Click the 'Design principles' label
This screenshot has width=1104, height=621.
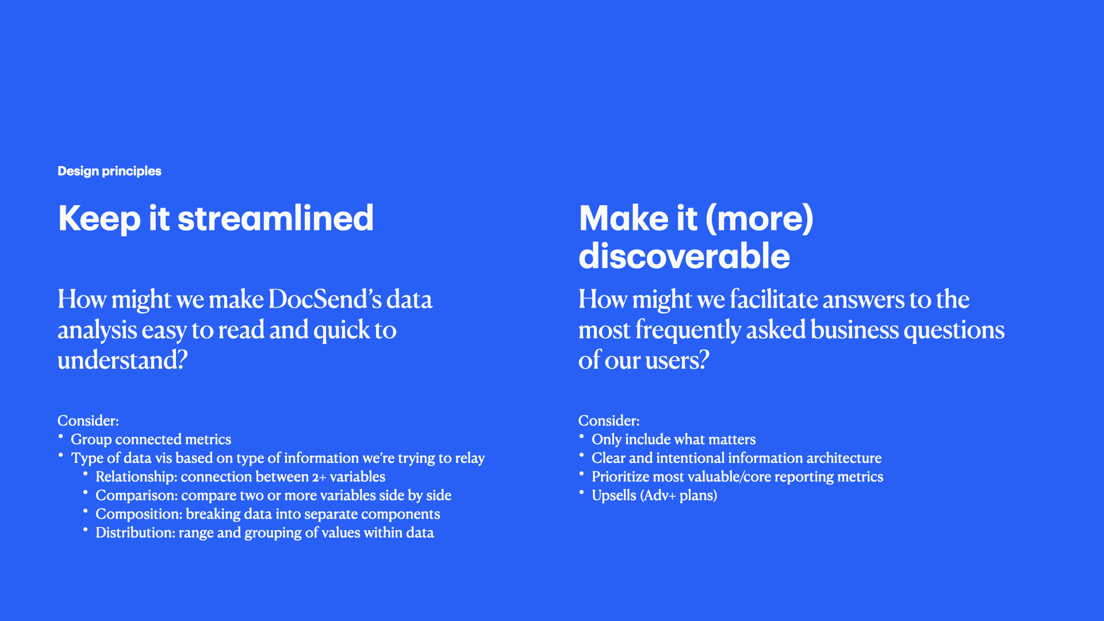point(109,171)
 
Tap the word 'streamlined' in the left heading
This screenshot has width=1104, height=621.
point(275,218)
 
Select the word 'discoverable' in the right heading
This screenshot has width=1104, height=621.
point(684,256)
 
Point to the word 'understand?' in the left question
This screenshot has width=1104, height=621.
point(122,361)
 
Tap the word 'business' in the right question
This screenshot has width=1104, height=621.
point(854,330)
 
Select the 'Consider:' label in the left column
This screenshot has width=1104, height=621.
point(88,421)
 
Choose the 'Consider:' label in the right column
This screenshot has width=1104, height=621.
point(609,421)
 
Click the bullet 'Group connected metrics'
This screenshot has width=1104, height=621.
point(151,440)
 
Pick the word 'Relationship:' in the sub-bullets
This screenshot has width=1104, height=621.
point(136,477)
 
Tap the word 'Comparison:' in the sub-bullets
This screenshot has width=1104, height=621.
point(136,496)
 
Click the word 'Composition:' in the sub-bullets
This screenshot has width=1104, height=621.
point(139,515)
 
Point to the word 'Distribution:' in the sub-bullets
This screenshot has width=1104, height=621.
point(135,533)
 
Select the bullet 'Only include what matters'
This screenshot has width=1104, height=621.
point(673,440)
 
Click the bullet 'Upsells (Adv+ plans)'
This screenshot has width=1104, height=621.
point(654,496)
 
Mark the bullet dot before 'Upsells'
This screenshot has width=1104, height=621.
point(581,492)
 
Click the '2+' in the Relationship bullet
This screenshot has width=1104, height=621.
point(319,477)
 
